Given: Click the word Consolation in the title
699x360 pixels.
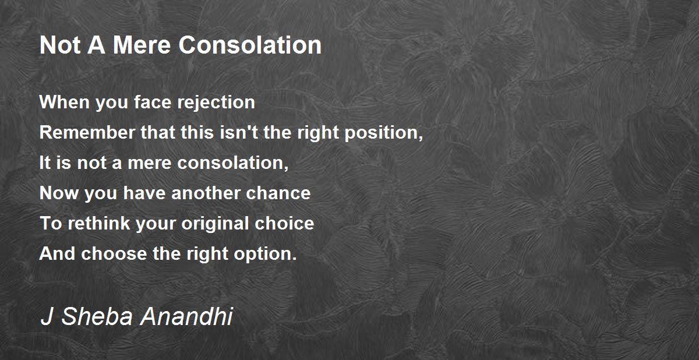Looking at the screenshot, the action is (250, 45).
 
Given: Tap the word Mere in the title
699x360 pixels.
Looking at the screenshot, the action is (142, 45).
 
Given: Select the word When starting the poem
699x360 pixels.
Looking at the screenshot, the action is (65, 102).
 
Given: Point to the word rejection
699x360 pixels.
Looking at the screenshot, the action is (216, 103).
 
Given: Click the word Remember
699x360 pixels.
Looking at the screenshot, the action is (87, 132).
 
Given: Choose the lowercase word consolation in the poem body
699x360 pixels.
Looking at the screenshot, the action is (232, 163).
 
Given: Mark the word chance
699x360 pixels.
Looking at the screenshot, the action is (278, 193).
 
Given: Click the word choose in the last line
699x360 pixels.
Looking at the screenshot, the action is (114, 253).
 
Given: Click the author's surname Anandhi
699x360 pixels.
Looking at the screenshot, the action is (187, 316).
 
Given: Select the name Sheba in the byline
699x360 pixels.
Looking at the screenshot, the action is (97, 316).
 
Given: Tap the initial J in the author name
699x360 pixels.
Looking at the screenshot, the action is (47, 316).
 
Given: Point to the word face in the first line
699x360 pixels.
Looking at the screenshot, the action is (153, 102).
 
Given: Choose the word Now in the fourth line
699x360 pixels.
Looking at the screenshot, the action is (59, 193).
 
